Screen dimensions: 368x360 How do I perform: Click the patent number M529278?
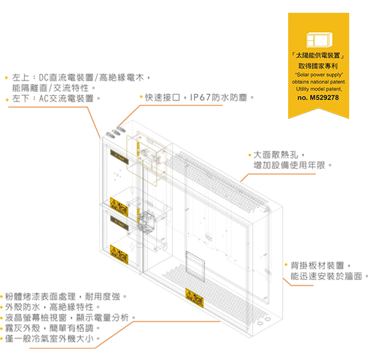click(x=324, y=97)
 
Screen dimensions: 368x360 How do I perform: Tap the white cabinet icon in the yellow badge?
click(x=319, y=40)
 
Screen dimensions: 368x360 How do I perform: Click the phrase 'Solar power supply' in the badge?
click(x=319, y=75)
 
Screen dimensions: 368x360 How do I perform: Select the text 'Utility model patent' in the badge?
click(x=319, y=89)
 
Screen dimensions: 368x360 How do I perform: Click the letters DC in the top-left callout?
click(x=44, y=77)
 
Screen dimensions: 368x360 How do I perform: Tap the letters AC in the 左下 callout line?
click(x=44, y=98)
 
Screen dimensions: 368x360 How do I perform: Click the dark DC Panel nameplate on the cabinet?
click(x=120, y=157)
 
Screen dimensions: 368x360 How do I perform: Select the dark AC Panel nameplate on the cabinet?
click(x=120, y=223)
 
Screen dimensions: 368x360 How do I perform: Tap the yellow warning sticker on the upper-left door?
click(x=119, y=208)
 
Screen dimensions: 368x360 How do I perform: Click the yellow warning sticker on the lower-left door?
click(x=119, y=255)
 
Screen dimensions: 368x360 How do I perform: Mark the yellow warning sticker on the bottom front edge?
click(x=194, y=298)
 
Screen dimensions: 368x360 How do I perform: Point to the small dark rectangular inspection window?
click(x=195, y=267)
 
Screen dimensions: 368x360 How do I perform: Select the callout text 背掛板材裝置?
click(x=318, y=266)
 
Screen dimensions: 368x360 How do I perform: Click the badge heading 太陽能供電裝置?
click(x=318, y=56)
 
